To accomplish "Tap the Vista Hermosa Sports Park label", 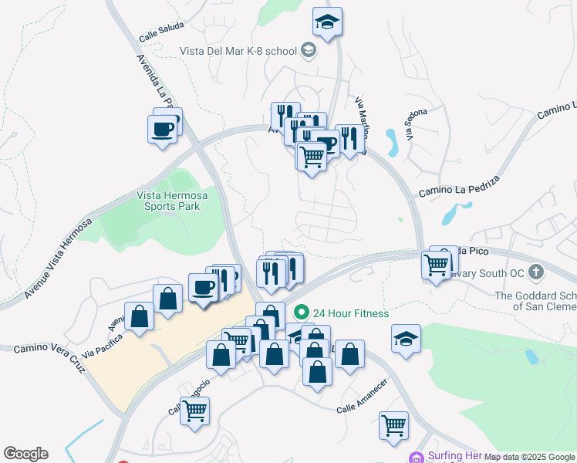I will click(168, 201).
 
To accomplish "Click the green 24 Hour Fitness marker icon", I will click(302, 313).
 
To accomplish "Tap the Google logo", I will click(25, 454).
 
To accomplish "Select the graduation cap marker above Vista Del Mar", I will click(328, 22).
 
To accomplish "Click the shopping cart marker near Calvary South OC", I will click(437, 265).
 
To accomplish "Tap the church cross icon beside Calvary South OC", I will click(537, 272).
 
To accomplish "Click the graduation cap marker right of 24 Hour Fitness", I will click(406, 338).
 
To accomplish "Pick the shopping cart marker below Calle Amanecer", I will click(393, 424).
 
